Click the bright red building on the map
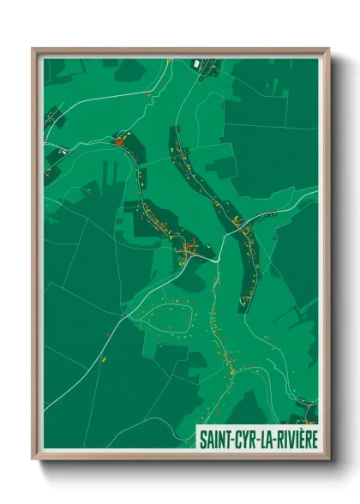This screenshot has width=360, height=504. (119, 141)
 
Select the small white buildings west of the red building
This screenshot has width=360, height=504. (63, 152)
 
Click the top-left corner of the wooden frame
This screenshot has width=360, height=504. (33, 49)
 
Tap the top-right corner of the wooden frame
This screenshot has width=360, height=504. (328, 49)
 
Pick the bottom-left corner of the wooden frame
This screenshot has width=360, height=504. (33, 458)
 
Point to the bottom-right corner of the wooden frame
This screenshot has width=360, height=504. (328, 458)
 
